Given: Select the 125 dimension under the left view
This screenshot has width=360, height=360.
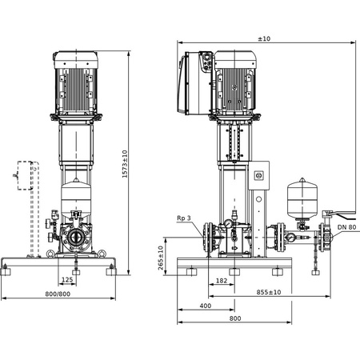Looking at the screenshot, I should point(70,280).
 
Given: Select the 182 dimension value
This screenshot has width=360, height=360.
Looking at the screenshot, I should point(221,281).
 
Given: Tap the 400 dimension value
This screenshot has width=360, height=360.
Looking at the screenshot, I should point(205,306).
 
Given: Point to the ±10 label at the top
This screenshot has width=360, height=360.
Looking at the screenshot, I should point(263,39).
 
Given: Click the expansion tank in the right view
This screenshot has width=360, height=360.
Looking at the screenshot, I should point(302,198).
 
